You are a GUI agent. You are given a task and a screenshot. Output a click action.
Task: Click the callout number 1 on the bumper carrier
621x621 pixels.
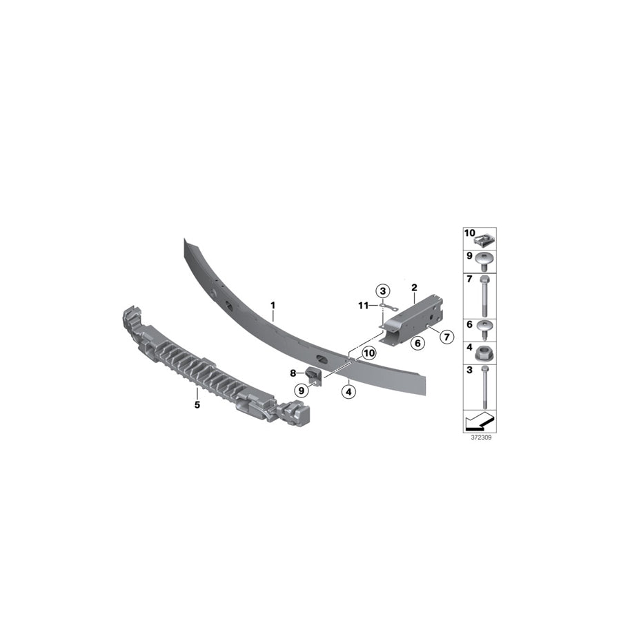pyautogui.click(x=273, y=304)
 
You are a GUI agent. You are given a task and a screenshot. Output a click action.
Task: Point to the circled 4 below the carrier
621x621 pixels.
pyautogui.click(x=348, y=391)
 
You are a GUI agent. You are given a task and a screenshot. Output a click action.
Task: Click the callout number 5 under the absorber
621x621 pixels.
pyautogui.click(x=197, y=405)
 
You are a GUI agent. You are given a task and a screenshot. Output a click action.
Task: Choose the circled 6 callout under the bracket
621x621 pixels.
pyautogui.click(x=417, y=342)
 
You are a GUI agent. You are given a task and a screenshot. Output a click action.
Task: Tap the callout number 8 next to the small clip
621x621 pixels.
pyautogui.click(x=293, y=373)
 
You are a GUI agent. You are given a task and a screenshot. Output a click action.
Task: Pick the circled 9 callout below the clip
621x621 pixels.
pyautogui.click(x=302, y=391)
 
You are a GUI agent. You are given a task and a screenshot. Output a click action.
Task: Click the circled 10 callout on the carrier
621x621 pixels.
pyautogui.click(x=368, y=353)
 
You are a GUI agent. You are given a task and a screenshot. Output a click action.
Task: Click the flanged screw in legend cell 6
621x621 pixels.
pyautogui.click(x=487, y=328)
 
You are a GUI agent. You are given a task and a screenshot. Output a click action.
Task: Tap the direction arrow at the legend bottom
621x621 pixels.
pyautogui.click(x=479, y=421)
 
